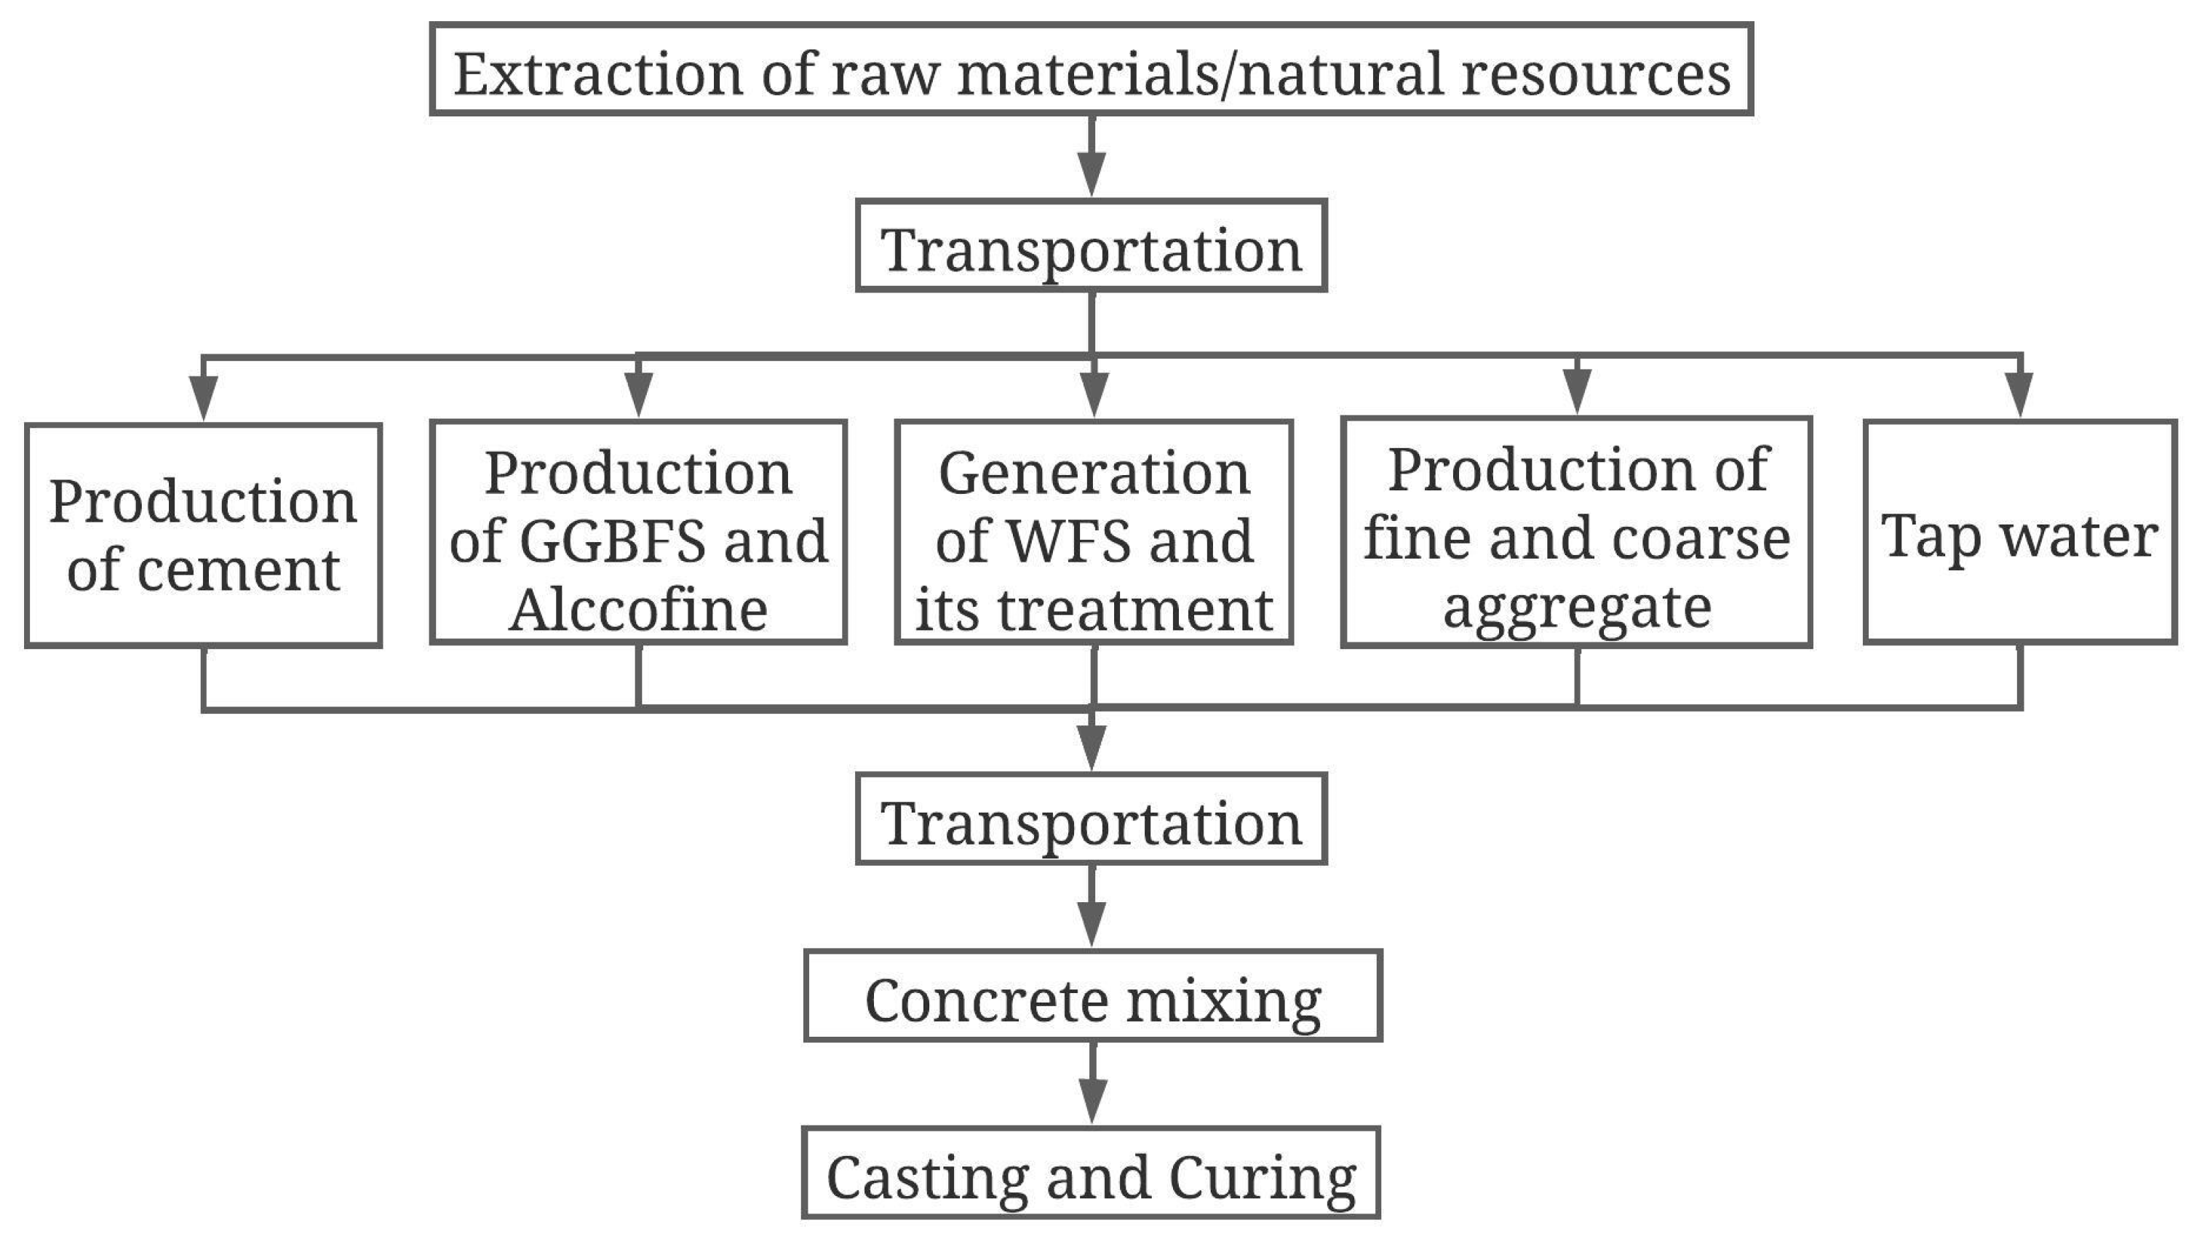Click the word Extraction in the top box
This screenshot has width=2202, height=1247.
click(597, 74)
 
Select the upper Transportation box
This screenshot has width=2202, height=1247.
click(1091, 247)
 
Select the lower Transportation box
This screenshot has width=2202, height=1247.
click(1091, 820)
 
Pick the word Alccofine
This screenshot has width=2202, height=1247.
click(638, 609)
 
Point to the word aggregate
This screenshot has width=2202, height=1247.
click(1577, 606)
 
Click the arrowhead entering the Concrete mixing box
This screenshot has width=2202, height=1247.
click(1091, 923)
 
